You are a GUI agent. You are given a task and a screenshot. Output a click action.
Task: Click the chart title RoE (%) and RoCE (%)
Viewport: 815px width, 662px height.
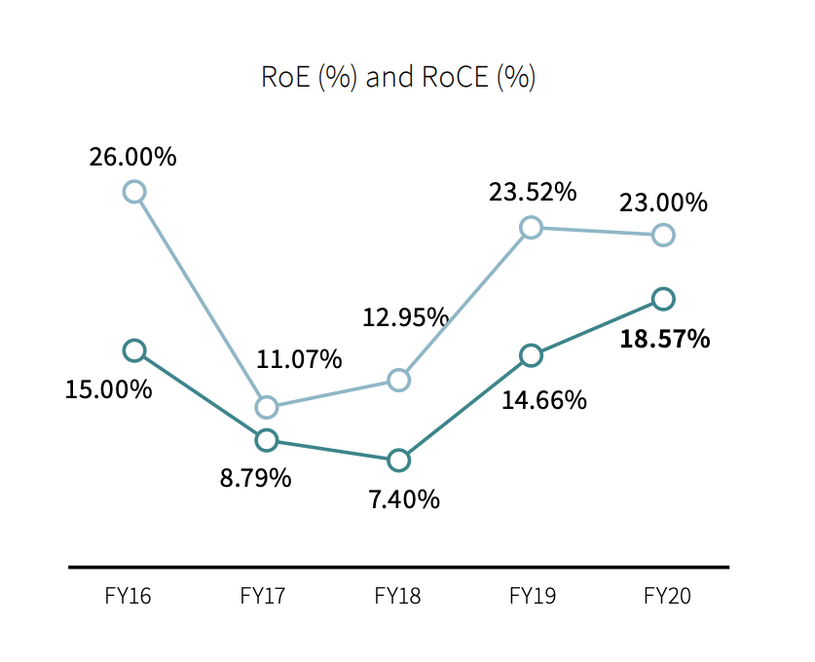click(x=398, y=77)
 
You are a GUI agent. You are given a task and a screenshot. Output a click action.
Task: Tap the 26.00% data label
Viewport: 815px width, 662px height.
click(x=132, y=156)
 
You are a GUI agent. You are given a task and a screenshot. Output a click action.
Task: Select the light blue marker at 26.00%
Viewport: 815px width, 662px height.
click(x=134, y=192)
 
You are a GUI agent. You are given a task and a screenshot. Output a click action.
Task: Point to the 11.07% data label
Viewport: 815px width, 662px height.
click(x=299, y=359)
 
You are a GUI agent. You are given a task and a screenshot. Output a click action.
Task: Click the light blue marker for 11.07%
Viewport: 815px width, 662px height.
click(x=266, y=407)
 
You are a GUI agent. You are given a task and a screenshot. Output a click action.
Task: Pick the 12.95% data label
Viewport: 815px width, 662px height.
click(x=405, y=316)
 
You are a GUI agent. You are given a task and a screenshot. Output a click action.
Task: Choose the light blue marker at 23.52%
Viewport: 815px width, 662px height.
click(x=531, y=228)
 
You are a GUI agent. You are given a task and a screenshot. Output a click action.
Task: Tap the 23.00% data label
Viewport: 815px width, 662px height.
click(x=663, y=202)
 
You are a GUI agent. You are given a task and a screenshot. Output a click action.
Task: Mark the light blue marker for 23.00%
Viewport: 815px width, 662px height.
click(x=663, y=235)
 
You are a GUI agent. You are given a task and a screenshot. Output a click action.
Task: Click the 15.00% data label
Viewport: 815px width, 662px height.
click(x=108, y=389)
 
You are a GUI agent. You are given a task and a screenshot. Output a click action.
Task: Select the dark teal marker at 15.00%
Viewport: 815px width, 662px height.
click(x=134, y=350)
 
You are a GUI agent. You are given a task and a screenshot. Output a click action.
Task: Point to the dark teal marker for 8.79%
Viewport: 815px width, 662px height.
click(x=266, y=440)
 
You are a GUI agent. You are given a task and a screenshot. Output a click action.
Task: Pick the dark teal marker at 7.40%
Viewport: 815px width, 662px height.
click(x=398, y=460)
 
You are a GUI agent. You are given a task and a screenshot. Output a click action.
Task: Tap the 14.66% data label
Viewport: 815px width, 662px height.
click(x=544, y=399)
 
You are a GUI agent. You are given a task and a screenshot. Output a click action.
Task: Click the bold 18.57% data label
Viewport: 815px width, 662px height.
click(x=666, y=339)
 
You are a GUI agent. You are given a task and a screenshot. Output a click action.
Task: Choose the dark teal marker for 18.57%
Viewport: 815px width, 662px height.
click(x=663, y=299)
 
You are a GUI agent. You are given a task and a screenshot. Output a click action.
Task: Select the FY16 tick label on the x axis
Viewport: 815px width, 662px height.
click(x=129, y=596)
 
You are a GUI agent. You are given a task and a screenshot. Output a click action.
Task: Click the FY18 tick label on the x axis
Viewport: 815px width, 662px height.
click(x=398, y=596)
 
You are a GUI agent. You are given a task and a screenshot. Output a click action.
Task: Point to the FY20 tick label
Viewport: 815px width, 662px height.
click(x=668, y=596)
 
